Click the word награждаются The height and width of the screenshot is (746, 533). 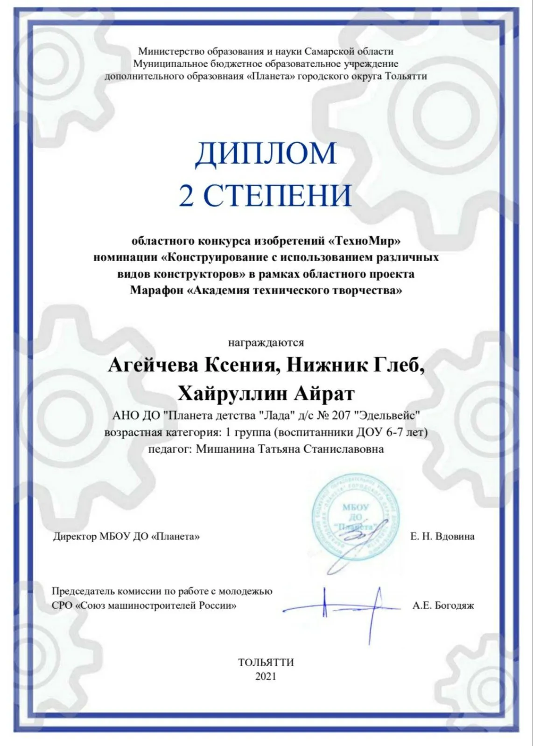(266, 343)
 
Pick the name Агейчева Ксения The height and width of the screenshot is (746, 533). (193, 366)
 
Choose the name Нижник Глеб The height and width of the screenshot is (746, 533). (356, 366)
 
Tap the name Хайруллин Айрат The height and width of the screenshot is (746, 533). (266, 394)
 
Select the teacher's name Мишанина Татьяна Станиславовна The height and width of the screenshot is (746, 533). (290, 449)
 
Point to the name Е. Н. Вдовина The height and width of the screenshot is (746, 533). (442, 537)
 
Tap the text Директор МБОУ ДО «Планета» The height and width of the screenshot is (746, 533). (126, 537)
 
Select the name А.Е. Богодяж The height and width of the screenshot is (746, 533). (443, 606)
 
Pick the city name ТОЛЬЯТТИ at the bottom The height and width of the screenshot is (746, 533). (266, 663)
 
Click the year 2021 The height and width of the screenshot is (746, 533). (266, 676)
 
